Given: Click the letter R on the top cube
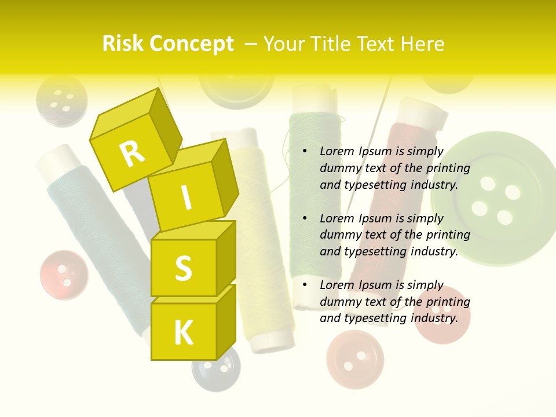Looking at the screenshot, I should [133, 153].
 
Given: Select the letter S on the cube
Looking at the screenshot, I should [183, 268].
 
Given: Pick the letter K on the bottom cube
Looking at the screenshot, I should [183, 333].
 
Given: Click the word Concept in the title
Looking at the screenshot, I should [192, 44].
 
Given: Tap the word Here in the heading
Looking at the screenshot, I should [422, 44].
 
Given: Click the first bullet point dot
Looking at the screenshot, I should [305, 152].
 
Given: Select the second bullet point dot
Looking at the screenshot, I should [305, 219].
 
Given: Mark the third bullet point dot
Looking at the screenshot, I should [305, 286].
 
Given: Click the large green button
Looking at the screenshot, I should [492, 200].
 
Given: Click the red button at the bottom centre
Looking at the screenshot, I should [354, 359].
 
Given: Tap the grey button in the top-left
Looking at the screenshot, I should [61, 100].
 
